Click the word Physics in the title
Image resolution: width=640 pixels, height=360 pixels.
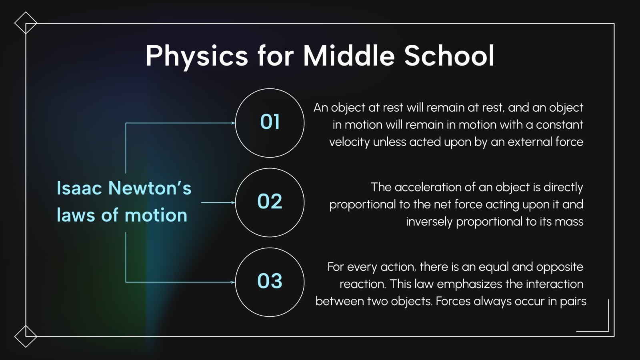point(196,56)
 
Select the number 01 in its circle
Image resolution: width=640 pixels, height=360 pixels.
point(270,122)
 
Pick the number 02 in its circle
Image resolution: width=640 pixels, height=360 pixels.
point(270,202)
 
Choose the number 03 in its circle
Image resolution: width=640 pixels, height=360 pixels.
point(270,281)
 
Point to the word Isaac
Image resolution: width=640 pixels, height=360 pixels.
point(79,188)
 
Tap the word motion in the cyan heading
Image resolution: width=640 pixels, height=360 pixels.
point(156,215)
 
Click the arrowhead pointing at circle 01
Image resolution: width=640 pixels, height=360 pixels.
point(233,123)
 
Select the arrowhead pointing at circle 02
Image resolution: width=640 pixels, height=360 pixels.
point(233,202)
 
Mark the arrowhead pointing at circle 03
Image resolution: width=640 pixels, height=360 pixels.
point(233,282)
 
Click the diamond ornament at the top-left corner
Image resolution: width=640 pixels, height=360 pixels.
point(26,23)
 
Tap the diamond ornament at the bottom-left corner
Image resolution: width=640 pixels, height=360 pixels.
point(26,336)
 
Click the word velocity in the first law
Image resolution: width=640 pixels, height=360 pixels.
point(349,142)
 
